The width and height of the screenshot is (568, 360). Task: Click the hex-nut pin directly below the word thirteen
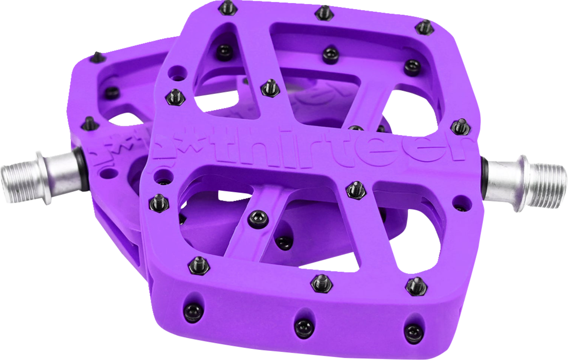pyautogui.click(x=355, y=189)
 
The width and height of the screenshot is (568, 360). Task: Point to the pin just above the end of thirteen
pyautogui.click(x=458, y=126)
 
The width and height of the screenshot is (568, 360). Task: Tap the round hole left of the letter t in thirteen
pyautogui.click(x=164, y=179)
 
